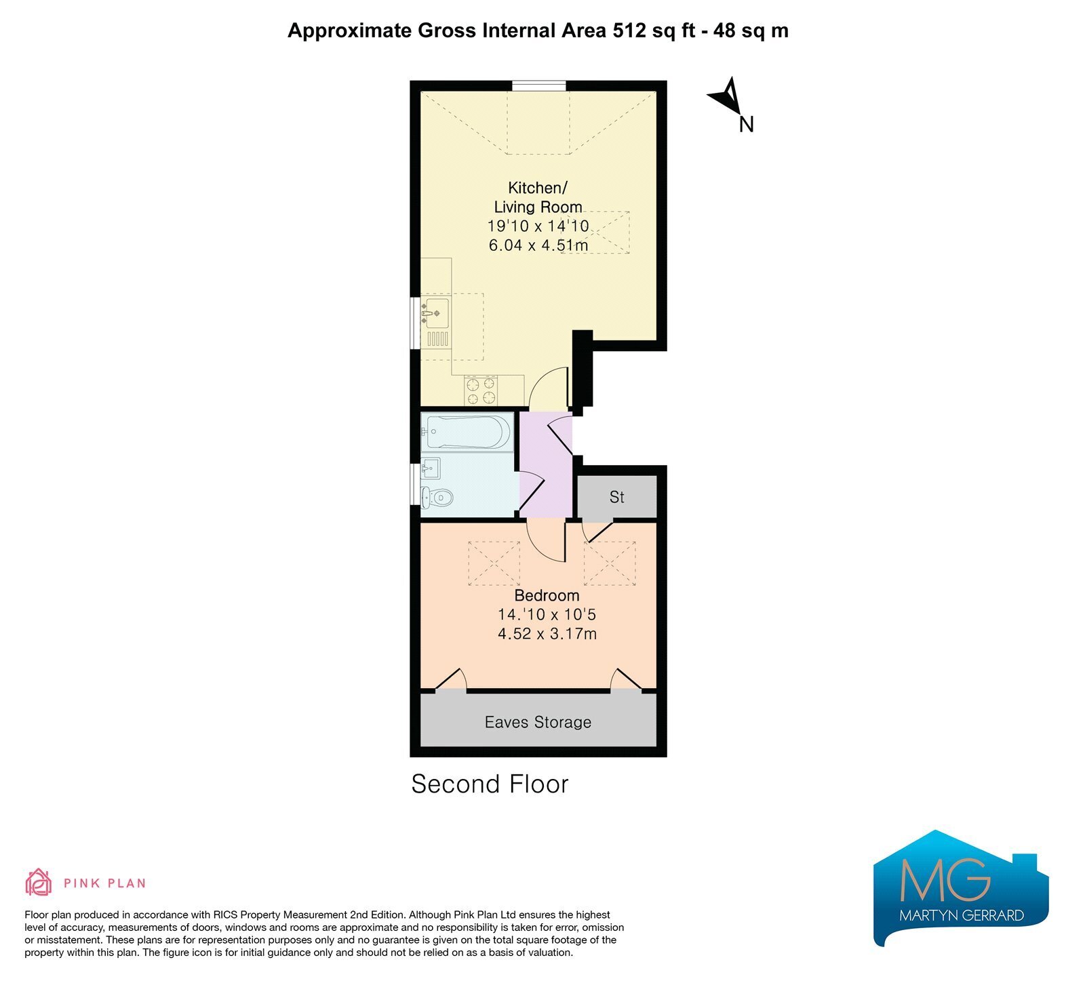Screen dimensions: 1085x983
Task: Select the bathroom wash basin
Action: click(431, 468)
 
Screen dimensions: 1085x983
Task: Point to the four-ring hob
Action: click(481, 390)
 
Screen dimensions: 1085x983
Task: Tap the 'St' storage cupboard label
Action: click(616, 498)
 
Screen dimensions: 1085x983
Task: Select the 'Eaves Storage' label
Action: click(538, 723)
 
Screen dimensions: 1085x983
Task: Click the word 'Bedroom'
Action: click(547, 596)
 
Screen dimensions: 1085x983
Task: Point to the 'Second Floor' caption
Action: click(490, 784)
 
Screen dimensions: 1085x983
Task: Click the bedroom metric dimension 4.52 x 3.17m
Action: click(547, 634)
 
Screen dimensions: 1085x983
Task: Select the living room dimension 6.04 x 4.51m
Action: click(538, 245)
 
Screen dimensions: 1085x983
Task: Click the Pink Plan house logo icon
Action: click(39, 882)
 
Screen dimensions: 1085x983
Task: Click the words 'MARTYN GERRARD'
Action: click(962, 916)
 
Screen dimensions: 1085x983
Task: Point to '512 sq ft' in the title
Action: click(654, 31)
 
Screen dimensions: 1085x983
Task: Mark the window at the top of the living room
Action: click(538, 85)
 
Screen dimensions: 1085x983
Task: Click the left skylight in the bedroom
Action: click(494, 563)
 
